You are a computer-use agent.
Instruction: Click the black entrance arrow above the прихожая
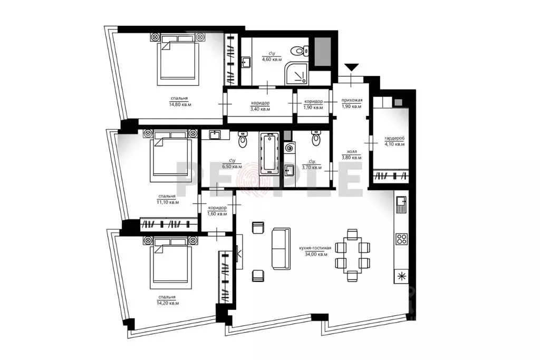pos(351,67)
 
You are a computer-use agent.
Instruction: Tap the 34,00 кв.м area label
pos(316,255)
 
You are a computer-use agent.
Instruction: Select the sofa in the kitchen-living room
pos(281,248)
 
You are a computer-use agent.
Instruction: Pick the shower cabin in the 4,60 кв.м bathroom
pos(296,73)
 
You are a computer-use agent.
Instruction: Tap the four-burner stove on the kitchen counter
pos(401,239)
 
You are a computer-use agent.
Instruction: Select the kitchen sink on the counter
pos(401,204)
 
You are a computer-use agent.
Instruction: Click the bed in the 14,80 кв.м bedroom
pos(178,59)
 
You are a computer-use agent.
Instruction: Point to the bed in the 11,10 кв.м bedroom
pos(170,155)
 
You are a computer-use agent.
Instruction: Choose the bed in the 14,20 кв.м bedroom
pos(170,262)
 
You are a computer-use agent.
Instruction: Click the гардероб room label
pos(394,138)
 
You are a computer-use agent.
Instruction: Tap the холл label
pos(352,151)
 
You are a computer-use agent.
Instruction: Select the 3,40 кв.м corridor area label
pos(260,109)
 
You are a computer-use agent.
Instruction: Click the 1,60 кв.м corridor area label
pos(217,213)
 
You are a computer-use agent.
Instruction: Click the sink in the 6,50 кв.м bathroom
pos(216,135)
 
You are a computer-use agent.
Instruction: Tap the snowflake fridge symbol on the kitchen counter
pos(401,276)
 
